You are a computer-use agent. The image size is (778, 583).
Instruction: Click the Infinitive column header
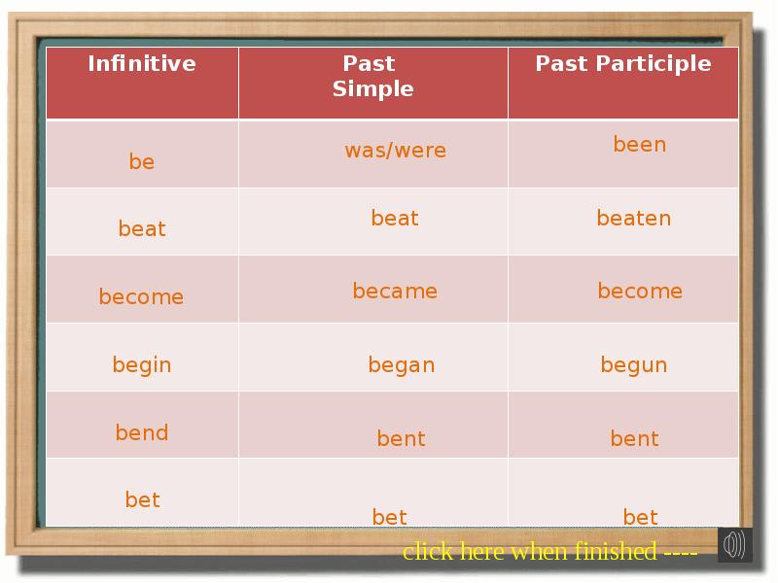coord(142,64)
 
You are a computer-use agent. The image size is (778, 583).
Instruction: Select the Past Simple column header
coord(372,76)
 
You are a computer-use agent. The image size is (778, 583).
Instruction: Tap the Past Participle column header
coord(623,64)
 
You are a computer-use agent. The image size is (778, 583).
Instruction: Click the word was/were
coord(395,151)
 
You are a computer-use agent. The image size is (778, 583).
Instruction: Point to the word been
coord(639,145)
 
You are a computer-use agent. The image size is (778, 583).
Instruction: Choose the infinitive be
coord(142,162)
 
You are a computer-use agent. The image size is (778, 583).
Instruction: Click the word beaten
coord(633,219)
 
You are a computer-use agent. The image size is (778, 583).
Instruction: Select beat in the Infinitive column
coord(142,229)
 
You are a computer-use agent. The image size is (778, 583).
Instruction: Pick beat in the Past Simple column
coord(395,219)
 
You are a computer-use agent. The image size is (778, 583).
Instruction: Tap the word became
coord(395,291)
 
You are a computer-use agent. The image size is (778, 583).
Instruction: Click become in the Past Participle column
coord(640,291)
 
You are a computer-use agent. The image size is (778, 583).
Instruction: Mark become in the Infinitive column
coord(141,297)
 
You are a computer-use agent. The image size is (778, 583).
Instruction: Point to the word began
coord(401,365)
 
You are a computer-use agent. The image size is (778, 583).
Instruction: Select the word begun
coord(633,365)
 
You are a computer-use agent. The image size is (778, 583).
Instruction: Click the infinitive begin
coord(142,365)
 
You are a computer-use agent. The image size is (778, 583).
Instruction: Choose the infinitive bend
coord(142,433)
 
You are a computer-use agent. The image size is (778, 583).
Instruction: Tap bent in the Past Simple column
coord(401,439)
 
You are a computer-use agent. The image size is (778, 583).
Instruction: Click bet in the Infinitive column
coord(142,500)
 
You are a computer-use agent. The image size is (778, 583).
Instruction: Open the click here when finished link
coord(549,552)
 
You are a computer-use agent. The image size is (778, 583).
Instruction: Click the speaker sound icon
coord(734,545)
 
